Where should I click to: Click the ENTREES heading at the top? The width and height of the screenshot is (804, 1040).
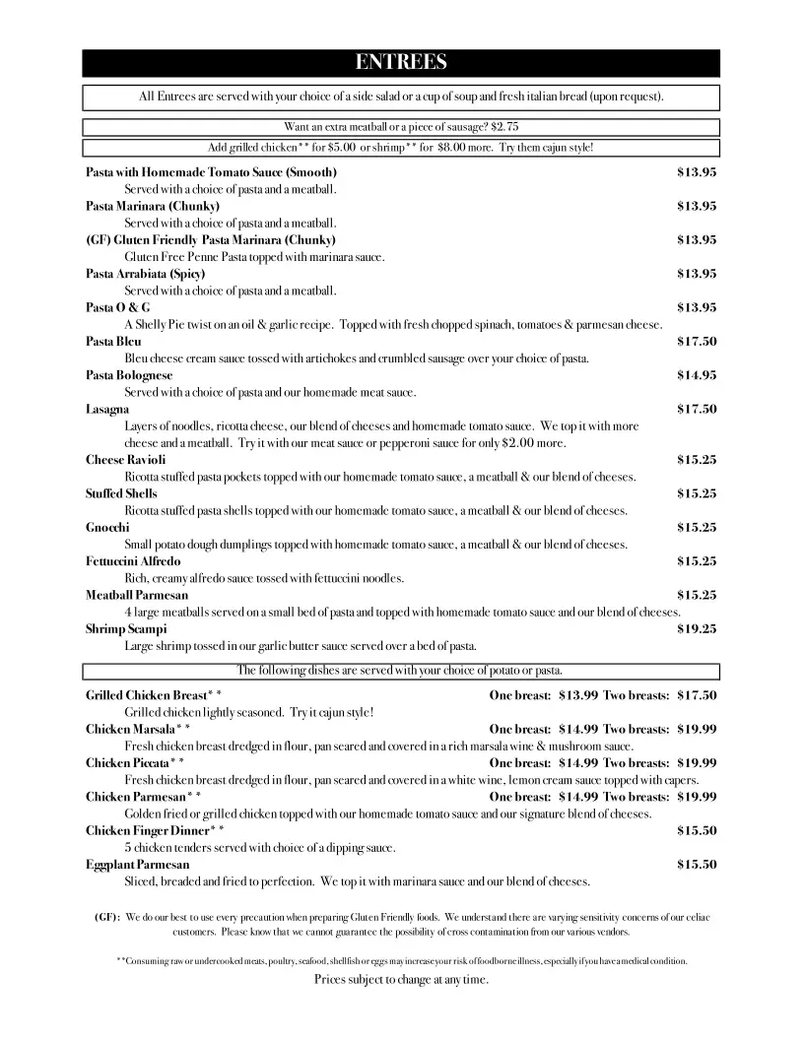click(x=401, y=63)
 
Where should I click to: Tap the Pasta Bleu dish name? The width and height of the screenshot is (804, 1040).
click(x=113, y=342)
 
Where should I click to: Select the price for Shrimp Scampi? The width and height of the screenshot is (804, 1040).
click(x=696, y=628)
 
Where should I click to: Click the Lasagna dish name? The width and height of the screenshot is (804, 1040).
click(x=107, y=409)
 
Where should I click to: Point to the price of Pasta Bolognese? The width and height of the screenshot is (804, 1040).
click(x=696, y=375)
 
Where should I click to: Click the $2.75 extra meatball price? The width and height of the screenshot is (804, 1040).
click(x=504, y=127)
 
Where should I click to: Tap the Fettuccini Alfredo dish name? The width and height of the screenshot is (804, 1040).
click(x=133, y=561)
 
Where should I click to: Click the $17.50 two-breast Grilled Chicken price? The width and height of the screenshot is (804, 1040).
click(x=696, y=695)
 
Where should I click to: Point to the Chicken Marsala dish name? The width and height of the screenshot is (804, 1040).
click(x=137, y=730)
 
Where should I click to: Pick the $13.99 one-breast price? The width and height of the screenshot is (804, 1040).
click(x=577, y=695)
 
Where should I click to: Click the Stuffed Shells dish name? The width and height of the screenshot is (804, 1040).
click(x=121, y=493)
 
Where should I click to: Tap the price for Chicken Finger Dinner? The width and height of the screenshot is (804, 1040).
click(x=696, y=830)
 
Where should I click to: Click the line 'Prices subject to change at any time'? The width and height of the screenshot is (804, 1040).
click(x=401, y=980)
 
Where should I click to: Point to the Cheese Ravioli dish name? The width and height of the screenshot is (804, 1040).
click(x=125, y=460)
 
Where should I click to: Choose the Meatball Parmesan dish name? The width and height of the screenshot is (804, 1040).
click(x=137, y=595)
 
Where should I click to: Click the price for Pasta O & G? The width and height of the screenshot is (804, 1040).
click(x=696, y=307)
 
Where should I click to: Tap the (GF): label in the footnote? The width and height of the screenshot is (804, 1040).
click(x=107, y=918)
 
